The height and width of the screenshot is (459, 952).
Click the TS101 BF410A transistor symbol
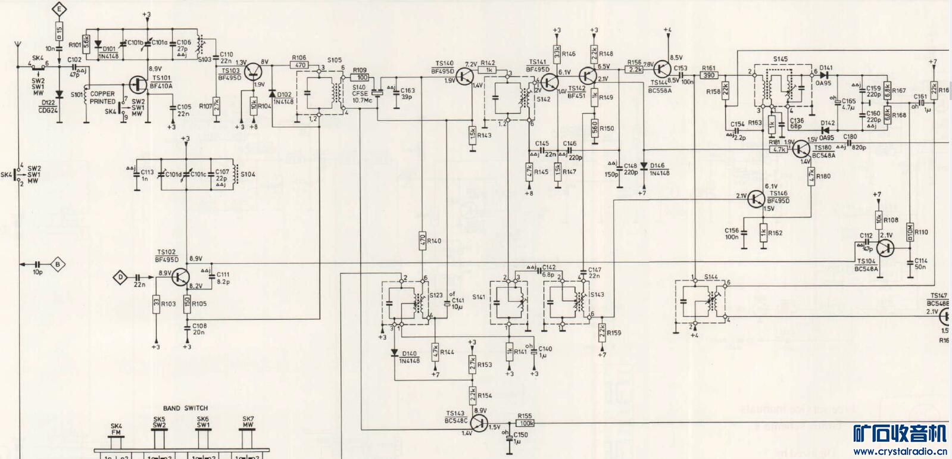click(x=138, y=85)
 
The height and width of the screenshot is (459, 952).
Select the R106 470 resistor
click(x=299, y=65)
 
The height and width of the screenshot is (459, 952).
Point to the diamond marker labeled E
click(x=58, y=8)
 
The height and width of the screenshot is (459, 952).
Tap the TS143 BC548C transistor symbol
click(x=480, y=422)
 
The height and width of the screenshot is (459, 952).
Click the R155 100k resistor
click(x=526, y=423)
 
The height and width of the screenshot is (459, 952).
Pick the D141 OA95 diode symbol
click(x=825, y=75)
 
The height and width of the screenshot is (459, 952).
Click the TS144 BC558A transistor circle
click(x=661, y=70)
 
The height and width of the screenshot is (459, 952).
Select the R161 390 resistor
click(x=710, y=76)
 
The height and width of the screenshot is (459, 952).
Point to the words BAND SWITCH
click(x=186, y=408)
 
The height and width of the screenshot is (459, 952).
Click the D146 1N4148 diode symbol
click(x=644, y=166)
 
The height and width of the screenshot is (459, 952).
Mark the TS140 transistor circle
click(x=466, y=75)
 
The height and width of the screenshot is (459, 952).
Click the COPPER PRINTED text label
click(x=103, y=98)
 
